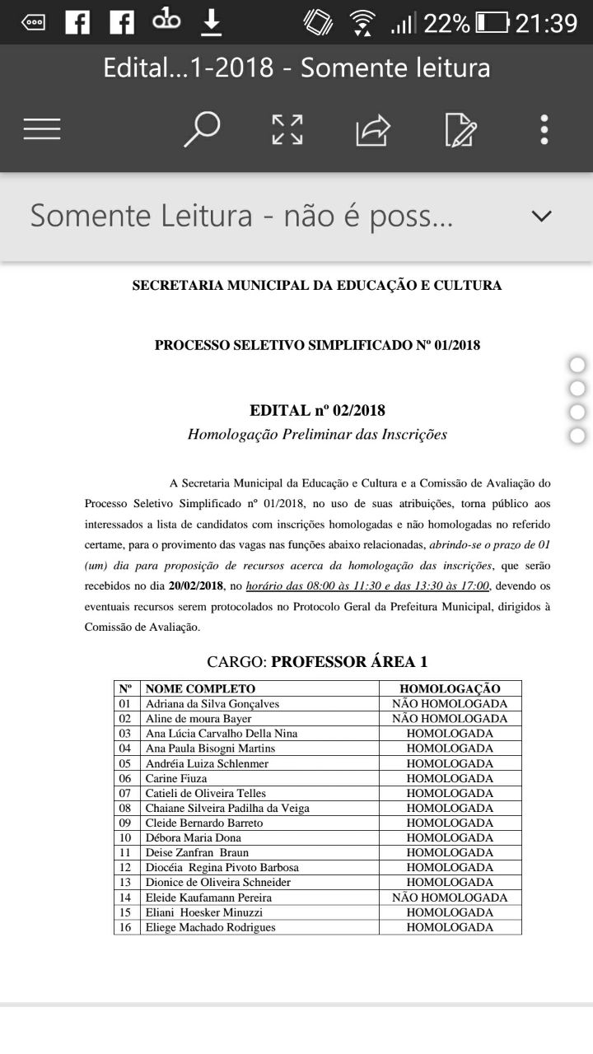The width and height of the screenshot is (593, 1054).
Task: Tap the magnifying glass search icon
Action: point(202,129)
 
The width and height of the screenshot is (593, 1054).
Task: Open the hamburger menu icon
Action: point(42,129)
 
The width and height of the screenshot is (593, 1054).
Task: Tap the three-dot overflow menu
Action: point(544,129)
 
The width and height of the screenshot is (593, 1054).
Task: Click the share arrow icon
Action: point(372,130)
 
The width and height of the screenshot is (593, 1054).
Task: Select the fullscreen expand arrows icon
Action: point(287,129)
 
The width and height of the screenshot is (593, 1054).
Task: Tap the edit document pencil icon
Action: point(460,130)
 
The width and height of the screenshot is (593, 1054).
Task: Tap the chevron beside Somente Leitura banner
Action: point(541,217)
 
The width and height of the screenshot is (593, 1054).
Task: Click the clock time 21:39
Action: point(546,23)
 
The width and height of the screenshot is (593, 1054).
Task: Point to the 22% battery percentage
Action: point(446,23)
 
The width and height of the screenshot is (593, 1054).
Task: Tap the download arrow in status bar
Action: point(212,22)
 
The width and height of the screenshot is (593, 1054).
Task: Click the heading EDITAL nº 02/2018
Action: point(317,410)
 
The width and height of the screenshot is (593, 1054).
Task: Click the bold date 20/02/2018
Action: point(196,586)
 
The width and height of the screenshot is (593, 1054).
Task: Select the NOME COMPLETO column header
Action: point(200,688)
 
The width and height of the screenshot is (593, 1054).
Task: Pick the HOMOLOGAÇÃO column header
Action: point(450,688)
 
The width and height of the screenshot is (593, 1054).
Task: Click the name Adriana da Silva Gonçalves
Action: point(212,703)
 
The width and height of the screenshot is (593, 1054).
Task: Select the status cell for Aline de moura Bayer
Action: point(450,718)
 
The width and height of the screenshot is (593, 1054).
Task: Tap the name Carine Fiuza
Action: point(176,778)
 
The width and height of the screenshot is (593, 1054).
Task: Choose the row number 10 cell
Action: point(125,837)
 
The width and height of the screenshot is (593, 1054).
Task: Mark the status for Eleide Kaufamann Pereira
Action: point(450,898)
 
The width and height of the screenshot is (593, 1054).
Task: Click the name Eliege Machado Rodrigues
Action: point(210,927)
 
